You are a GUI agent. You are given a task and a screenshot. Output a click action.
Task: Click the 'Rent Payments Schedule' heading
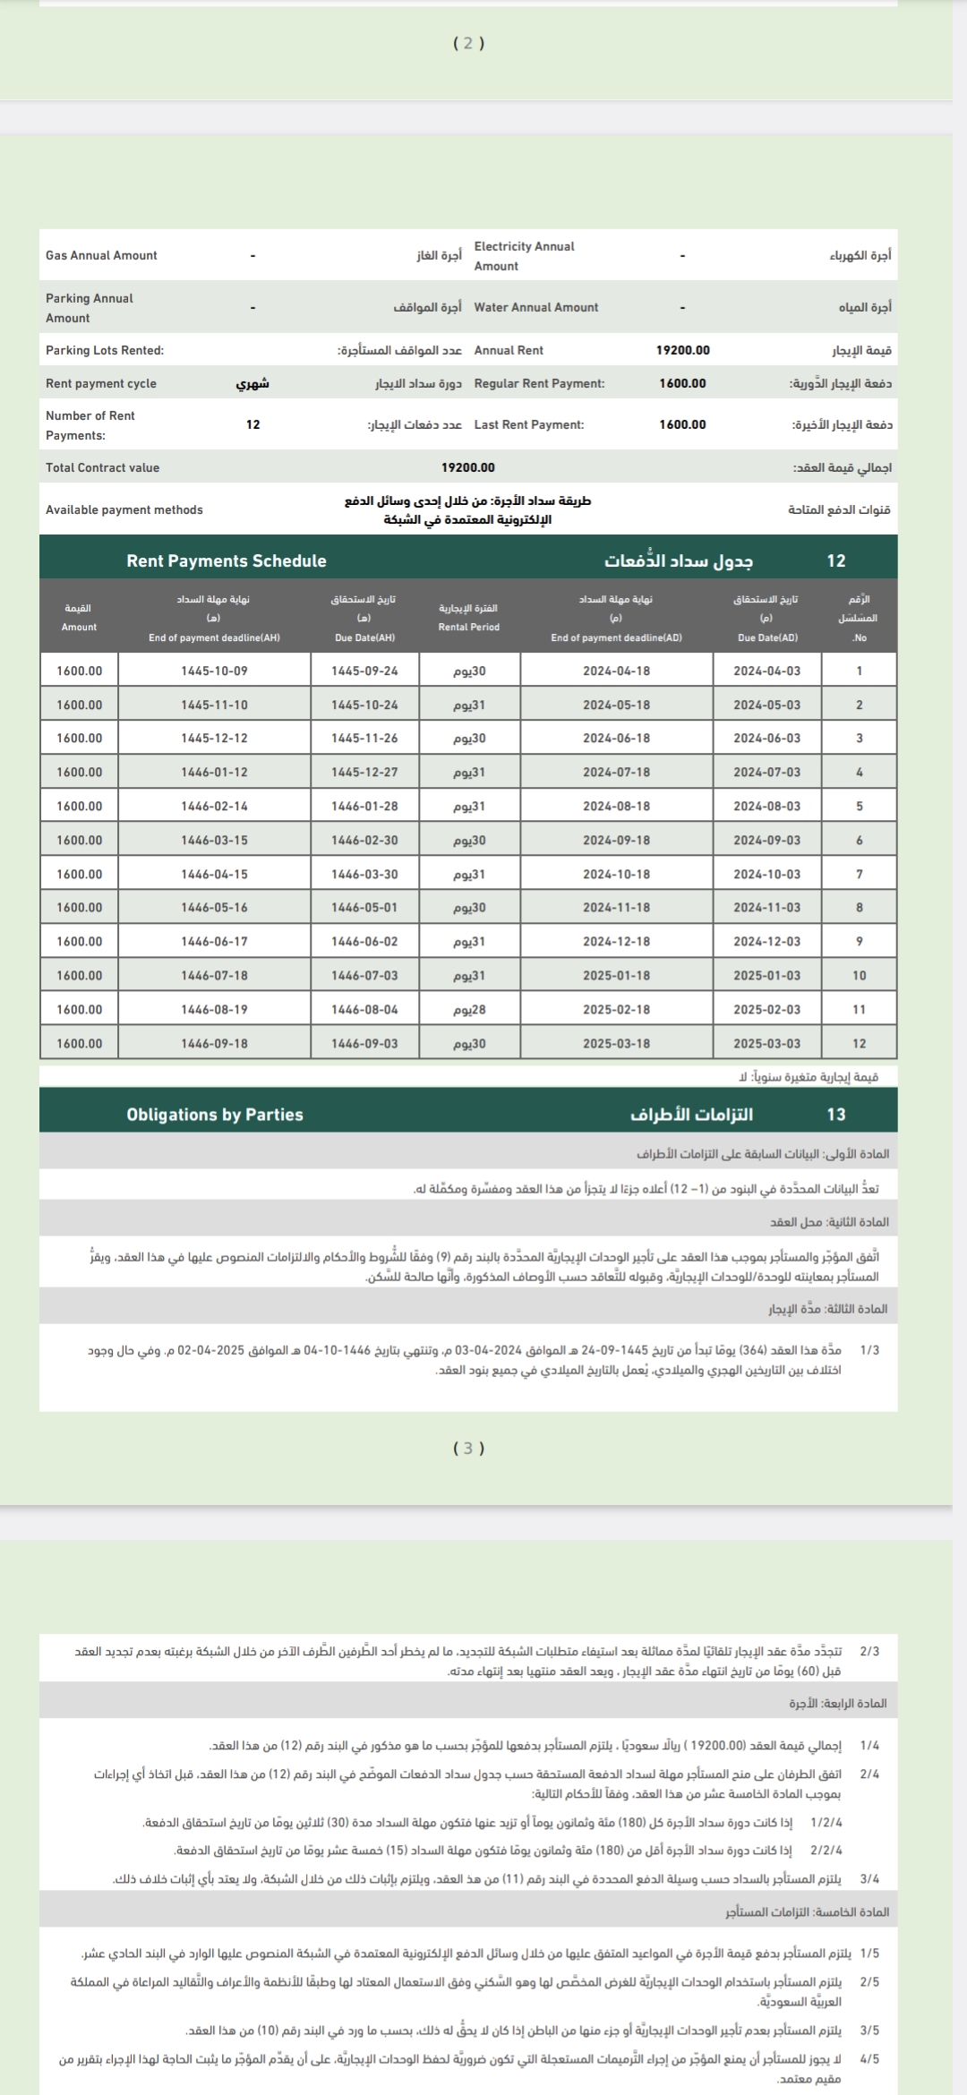[x=227, y=560]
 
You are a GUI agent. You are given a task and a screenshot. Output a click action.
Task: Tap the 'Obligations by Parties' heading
[x=215, y=1115]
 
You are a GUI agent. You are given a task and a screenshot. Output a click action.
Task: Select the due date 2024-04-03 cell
[x=766, y=671]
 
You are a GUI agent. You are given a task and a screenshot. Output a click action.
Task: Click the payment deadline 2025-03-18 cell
[x=616, y=1043]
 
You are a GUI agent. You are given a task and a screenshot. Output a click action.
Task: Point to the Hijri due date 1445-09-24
[x=364, y=671]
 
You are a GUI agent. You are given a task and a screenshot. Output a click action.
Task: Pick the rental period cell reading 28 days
[x=469, y=1009]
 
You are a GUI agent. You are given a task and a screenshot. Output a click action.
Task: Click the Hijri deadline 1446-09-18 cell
[x=214, y=1043]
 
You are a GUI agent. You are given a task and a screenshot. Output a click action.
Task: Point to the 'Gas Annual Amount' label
[x=101, y=255]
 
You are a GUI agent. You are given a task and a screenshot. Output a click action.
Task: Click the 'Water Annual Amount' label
[x=536, y=307]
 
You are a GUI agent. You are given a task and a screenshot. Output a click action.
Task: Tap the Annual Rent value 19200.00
[x=682, y=350]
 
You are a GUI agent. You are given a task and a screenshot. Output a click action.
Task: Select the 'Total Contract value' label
[x=102, y=467]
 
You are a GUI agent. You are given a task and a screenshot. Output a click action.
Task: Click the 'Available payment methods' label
[x=124, y=509]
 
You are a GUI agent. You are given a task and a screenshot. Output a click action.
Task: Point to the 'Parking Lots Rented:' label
[x=105, y=350]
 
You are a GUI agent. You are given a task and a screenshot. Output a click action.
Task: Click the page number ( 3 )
[x=468, y=1448]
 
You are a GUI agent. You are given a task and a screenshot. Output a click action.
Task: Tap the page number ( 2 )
[x=468, y=43]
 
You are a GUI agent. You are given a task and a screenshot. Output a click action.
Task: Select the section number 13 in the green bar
[x=835, y=1115]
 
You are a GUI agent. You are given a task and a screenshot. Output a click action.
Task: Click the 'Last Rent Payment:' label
[x=529, y=424]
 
